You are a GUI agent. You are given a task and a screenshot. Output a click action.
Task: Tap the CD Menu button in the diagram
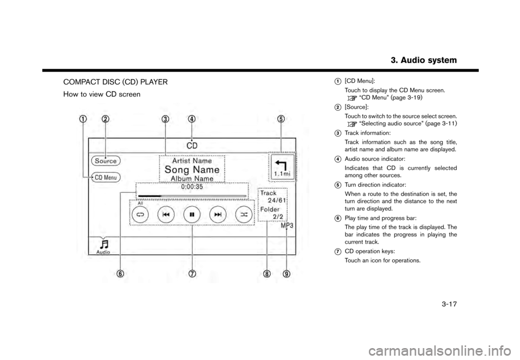[106, 177]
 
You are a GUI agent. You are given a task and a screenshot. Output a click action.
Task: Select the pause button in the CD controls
[192, 214]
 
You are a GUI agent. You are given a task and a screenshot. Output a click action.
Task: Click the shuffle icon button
[244, 214]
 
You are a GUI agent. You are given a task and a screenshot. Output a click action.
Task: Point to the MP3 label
[287, 227]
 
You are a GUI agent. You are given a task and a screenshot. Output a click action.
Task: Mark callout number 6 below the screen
[120, 273]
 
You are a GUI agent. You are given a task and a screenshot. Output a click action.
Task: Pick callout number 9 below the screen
[287, 273]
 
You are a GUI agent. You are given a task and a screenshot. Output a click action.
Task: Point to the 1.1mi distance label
[281, 173]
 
